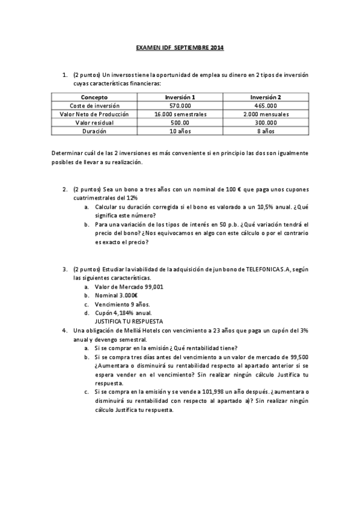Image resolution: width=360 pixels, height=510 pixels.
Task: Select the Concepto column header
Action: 94,97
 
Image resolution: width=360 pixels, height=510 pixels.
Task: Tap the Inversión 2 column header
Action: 266,97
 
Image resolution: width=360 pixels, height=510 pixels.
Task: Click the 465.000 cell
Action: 266,105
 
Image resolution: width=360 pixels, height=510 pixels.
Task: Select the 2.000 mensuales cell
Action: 266,114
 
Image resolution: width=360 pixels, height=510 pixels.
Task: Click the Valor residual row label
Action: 94,122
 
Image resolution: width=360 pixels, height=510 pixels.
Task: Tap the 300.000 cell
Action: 266,122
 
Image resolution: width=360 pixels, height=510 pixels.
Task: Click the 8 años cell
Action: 266,131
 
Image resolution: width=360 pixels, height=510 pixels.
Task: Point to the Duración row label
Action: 94,131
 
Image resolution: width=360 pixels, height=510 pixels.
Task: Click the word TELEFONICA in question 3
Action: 263,270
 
